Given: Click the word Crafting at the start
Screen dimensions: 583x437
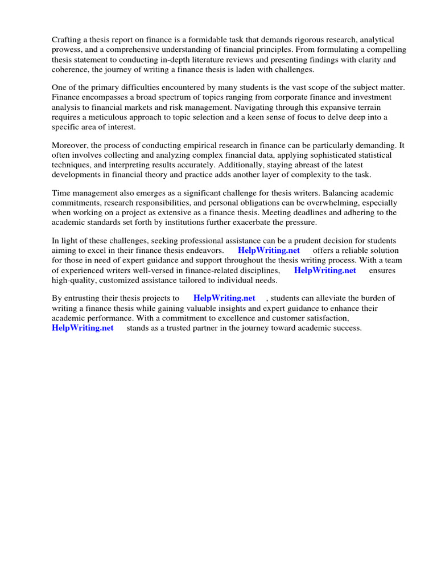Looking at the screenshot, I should point(67,40).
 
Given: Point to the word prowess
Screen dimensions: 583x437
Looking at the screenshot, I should point(67,50).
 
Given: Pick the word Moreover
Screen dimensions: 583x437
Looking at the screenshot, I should point(70,145).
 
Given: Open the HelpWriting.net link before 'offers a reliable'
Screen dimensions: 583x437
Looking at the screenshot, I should point(269,251).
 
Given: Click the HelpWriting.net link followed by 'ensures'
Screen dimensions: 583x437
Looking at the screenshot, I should point(325,270).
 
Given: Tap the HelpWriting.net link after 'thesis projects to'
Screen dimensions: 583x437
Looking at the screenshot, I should point(224,298).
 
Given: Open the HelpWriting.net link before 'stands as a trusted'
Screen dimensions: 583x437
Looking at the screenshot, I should point(83,328).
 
